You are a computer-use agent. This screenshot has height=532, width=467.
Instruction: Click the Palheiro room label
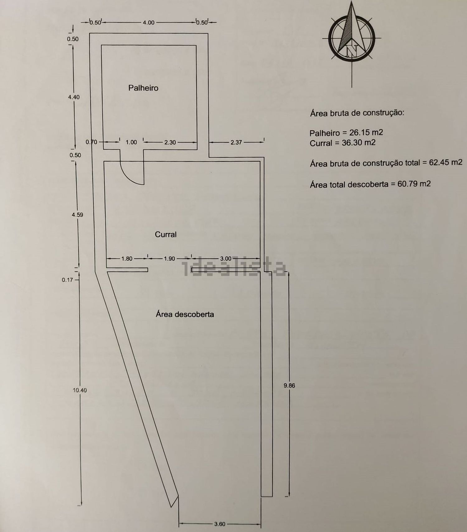143,88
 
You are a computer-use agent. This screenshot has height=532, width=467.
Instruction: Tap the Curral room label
166,234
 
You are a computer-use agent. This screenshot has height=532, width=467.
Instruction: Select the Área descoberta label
185,314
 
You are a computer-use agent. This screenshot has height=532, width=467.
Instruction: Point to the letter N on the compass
352,50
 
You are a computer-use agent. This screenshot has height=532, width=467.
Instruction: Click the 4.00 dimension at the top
149,22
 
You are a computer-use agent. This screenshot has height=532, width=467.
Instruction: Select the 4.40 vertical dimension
74,97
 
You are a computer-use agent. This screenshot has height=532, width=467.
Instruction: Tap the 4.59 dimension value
77,215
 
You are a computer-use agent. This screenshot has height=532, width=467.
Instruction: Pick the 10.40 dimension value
80,390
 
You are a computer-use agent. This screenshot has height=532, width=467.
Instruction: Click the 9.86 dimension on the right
289,385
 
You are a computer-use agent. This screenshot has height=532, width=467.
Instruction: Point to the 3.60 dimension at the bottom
219,524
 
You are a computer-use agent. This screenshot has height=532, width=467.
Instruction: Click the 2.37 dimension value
236,142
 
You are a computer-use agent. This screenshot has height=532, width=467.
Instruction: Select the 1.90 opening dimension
169,259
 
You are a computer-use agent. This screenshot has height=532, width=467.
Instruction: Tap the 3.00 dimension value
226,259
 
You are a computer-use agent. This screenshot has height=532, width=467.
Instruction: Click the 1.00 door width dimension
131,142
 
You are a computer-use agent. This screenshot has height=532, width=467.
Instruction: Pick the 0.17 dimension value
67,280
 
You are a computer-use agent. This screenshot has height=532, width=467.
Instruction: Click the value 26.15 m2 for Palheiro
366,132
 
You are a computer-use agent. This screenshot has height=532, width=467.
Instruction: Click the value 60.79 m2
414,183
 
